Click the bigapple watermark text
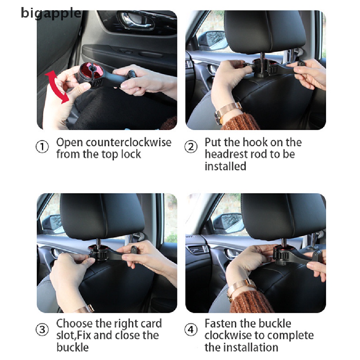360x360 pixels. pos(51,13)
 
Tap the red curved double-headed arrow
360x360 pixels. pos(56,87)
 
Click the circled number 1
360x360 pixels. pos(42,147)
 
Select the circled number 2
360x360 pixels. pos(191,147)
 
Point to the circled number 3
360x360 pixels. pos(42,330)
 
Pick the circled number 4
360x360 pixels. pos(191,330)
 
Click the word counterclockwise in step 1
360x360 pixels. pos(129,142)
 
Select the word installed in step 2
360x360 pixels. pos(225,166)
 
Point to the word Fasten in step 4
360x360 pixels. pos(220,323)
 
